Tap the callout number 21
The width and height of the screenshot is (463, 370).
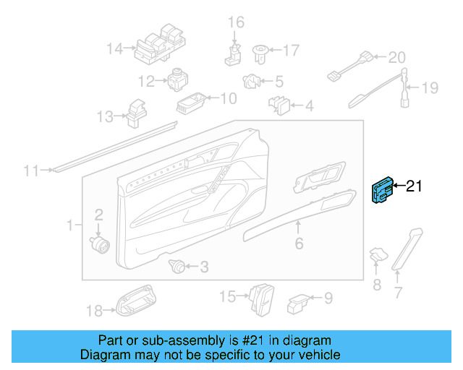click(x=413, y=186)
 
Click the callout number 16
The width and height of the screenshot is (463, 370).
click(x=237, y=23)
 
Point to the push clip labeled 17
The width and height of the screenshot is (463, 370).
click(x=260, y=51)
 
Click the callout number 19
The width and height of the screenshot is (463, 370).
click(x=430, y=88)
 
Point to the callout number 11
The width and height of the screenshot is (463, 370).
click(x=30, y=171)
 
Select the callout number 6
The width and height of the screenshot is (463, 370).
click(x=299, y=244)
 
